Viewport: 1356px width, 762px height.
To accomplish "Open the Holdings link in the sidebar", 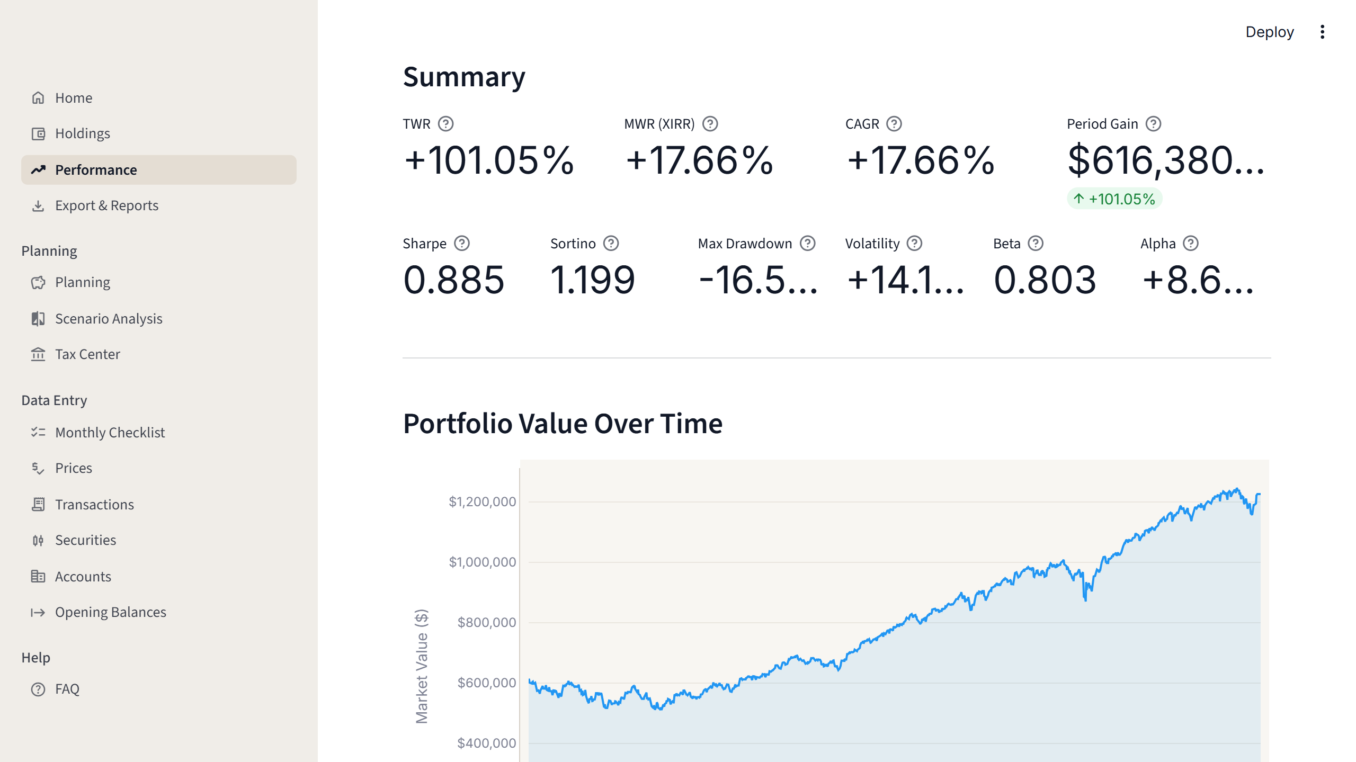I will coord(82,133).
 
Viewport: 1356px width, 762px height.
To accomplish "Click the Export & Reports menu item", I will coord(106,205).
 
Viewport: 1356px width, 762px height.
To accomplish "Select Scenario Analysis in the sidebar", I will coord(109,319).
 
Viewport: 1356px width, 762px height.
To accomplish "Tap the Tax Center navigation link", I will coord(87,354).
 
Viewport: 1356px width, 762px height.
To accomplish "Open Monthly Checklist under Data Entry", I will coord(110,433).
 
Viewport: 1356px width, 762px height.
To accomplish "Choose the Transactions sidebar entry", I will coord(94,505).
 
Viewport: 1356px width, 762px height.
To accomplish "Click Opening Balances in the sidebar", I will coord(110,612).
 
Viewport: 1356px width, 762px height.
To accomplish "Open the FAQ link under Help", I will coord(67,689).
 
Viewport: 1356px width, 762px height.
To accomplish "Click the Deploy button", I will coord(1269,32).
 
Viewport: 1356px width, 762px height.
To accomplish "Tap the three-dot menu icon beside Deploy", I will coord(1322,32).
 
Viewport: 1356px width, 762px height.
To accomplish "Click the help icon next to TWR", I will coord(445,124).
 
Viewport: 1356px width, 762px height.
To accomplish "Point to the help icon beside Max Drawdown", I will coord(807,244).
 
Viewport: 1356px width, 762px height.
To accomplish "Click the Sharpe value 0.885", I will coord(453,280).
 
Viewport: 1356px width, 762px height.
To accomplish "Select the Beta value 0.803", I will coord(1045,280).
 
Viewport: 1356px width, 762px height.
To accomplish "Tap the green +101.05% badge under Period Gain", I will coord(1114,199).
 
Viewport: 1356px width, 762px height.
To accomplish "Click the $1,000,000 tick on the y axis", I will coord(482,562).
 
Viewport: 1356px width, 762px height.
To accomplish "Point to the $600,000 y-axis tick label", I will coord(486,683).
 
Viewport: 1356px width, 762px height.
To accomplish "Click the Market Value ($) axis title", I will coord(422,666).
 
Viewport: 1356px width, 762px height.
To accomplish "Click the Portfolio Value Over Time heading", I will coord(563,424).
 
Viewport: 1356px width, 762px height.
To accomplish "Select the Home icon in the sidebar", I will coord(38,98).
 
